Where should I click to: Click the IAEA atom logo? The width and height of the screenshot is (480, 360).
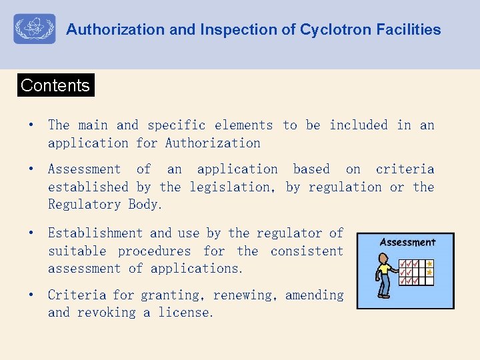34,29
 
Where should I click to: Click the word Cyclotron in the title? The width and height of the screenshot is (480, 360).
331,30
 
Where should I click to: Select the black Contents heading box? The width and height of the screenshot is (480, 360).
55,85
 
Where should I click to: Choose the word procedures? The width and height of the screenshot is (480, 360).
154,251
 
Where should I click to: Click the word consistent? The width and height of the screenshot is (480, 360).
307,251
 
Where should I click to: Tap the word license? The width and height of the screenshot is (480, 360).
186,313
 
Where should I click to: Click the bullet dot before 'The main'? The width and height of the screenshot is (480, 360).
30,125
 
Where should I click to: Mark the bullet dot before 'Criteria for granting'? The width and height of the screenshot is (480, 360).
30,295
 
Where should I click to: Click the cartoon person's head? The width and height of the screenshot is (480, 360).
385,257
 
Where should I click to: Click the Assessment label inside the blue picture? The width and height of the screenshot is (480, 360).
407,243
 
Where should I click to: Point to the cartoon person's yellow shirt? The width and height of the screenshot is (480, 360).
384,270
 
